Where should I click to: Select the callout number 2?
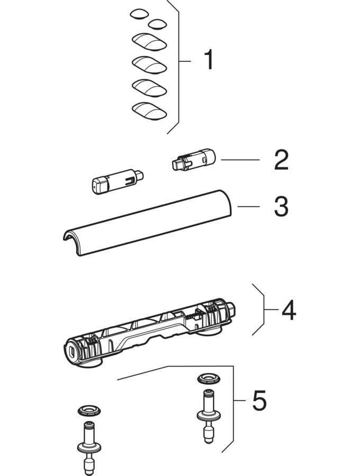(x=281, y=160)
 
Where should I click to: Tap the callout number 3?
(x=281, y=207)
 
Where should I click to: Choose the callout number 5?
(x=259, y=401)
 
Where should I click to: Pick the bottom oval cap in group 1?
(x=148, y=111)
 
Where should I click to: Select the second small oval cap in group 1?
(x=157, y=24)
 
